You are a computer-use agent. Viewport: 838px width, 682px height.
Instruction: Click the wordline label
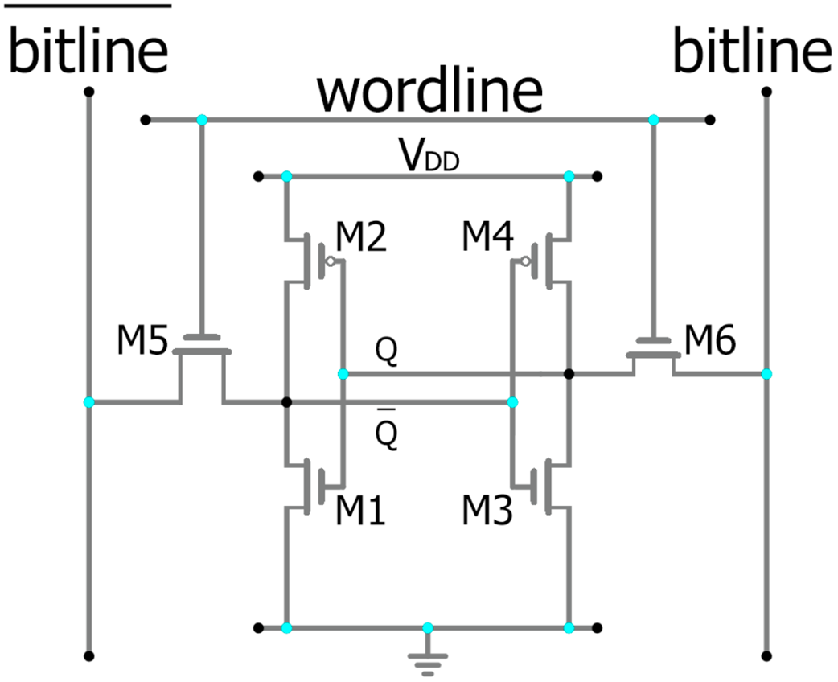(x=429, y=92)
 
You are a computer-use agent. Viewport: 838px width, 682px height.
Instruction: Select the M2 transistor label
(x=359, y=240)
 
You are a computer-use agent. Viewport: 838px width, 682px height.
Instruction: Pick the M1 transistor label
(x=359, y=510)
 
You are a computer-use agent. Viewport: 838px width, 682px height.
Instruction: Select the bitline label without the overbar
(x=752, y=53)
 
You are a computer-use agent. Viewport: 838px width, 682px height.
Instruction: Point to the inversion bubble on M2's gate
(x=328, y=261)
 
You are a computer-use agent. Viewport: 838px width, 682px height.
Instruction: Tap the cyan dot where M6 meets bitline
(x=766, y=374)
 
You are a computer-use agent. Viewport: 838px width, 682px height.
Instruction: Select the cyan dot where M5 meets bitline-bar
(x=88, y=401)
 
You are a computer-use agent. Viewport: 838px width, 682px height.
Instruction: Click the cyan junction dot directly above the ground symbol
(x=428, y=627)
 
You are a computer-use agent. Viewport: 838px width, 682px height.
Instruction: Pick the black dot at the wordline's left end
(x=145, y=120)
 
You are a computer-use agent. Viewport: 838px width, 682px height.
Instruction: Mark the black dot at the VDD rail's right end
(x=597, y=176)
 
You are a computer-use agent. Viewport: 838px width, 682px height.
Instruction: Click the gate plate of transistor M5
(x=201, y=337)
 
